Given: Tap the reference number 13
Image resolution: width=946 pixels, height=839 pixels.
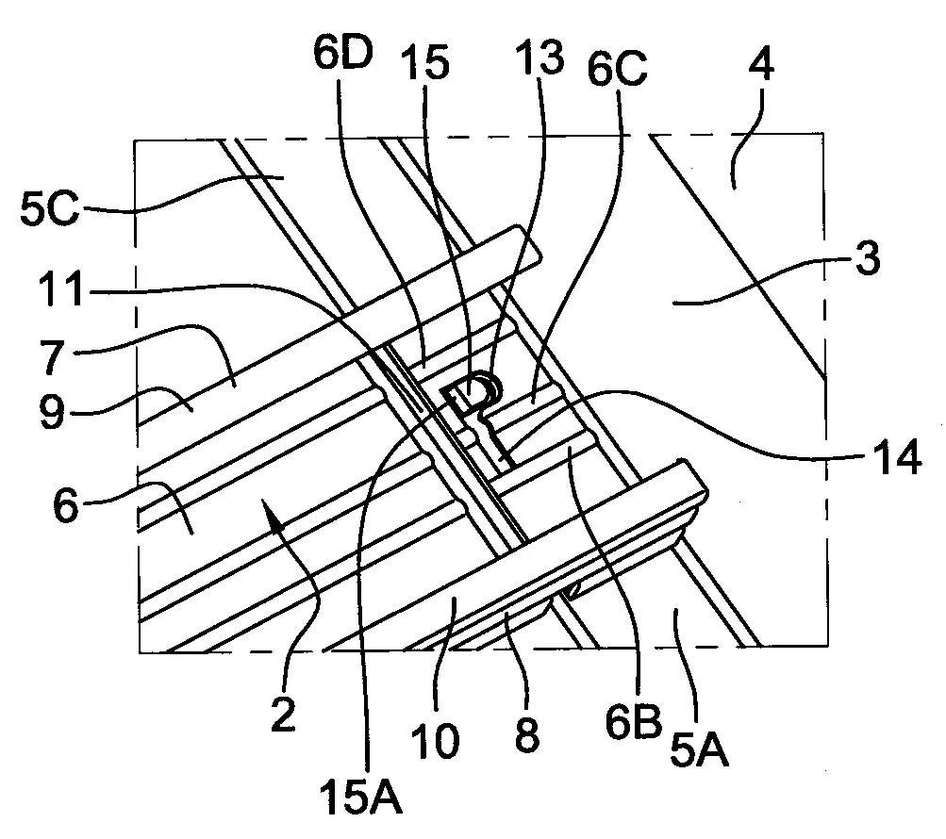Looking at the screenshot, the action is tap(539, 58).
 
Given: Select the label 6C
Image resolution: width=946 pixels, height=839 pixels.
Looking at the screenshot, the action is tap(617, 69).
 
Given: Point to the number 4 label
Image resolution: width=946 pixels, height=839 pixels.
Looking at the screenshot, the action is tap(761, 64).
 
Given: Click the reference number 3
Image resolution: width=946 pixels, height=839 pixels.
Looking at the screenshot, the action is tap(868, 258).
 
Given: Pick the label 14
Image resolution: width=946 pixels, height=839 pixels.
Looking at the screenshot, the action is tap(894, 456).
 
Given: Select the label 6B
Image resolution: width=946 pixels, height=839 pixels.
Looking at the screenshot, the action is tap(634, 722).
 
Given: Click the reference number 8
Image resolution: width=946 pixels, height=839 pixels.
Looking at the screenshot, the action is tap(526, 735).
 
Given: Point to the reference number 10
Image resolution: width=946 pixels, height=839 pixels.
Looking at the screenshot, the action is tap(435, 741).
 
